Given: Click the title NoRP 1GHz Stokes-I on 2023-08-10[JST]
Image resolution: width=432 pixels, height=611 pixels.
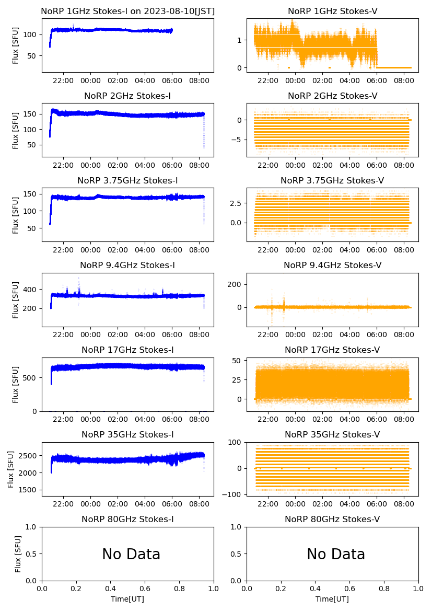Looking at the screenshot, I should click(x=127, y=11).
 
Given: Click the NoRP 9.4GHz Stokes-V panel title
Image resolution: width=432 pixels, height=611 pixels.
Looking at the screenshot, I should click(x=332, y=266).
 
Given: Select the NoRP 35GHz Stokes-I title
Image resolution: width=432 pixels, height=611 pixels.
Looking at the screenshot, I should click(x=127, y=434).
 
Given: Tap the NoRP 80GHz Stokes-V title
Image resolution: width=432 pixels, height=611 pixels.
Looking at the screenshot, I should click(x=332, y=519).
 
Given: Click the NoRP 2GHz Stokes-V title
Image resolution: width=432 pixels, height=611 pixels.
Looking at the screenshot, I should click(x=332, y=96).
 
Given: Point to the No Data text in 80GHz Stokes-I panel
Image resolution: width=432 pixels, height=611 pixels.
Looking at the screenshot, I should click(x=131, y=554).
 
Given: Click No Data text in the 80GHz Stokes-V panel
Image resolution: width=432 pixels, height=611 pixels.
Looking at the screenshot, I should click(x=336, y=554).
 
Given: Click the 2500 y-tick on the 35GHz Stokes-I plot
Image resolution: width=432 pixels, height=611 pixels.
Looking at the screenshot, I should click(x=29, y=456).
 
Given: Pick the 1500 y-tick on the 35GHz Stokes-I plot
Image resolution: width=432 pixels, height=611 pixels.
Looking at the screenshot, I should click(x=29, y=490).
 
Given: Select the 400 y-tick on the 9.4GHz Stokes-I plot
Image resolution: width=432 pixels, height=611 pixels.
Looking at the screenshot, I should click(x=32, y=290).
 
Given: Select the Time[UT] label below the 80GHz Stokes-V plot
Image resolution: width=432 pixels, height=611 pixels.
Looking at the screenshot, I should click(x=332, y=599).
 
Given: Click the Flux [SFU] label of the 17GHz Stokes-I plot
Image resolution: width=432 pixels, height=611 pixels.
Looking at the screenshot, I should click(x=16, y=385).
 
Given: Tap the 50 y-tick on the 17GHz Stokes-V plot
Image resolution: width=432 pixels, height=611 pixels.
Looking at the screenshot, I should click(x=238, y=361).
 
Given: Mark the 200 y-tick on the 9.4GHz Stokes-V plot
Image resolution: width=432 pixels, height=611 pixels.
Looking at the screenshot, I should click(x=237, y=284).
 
